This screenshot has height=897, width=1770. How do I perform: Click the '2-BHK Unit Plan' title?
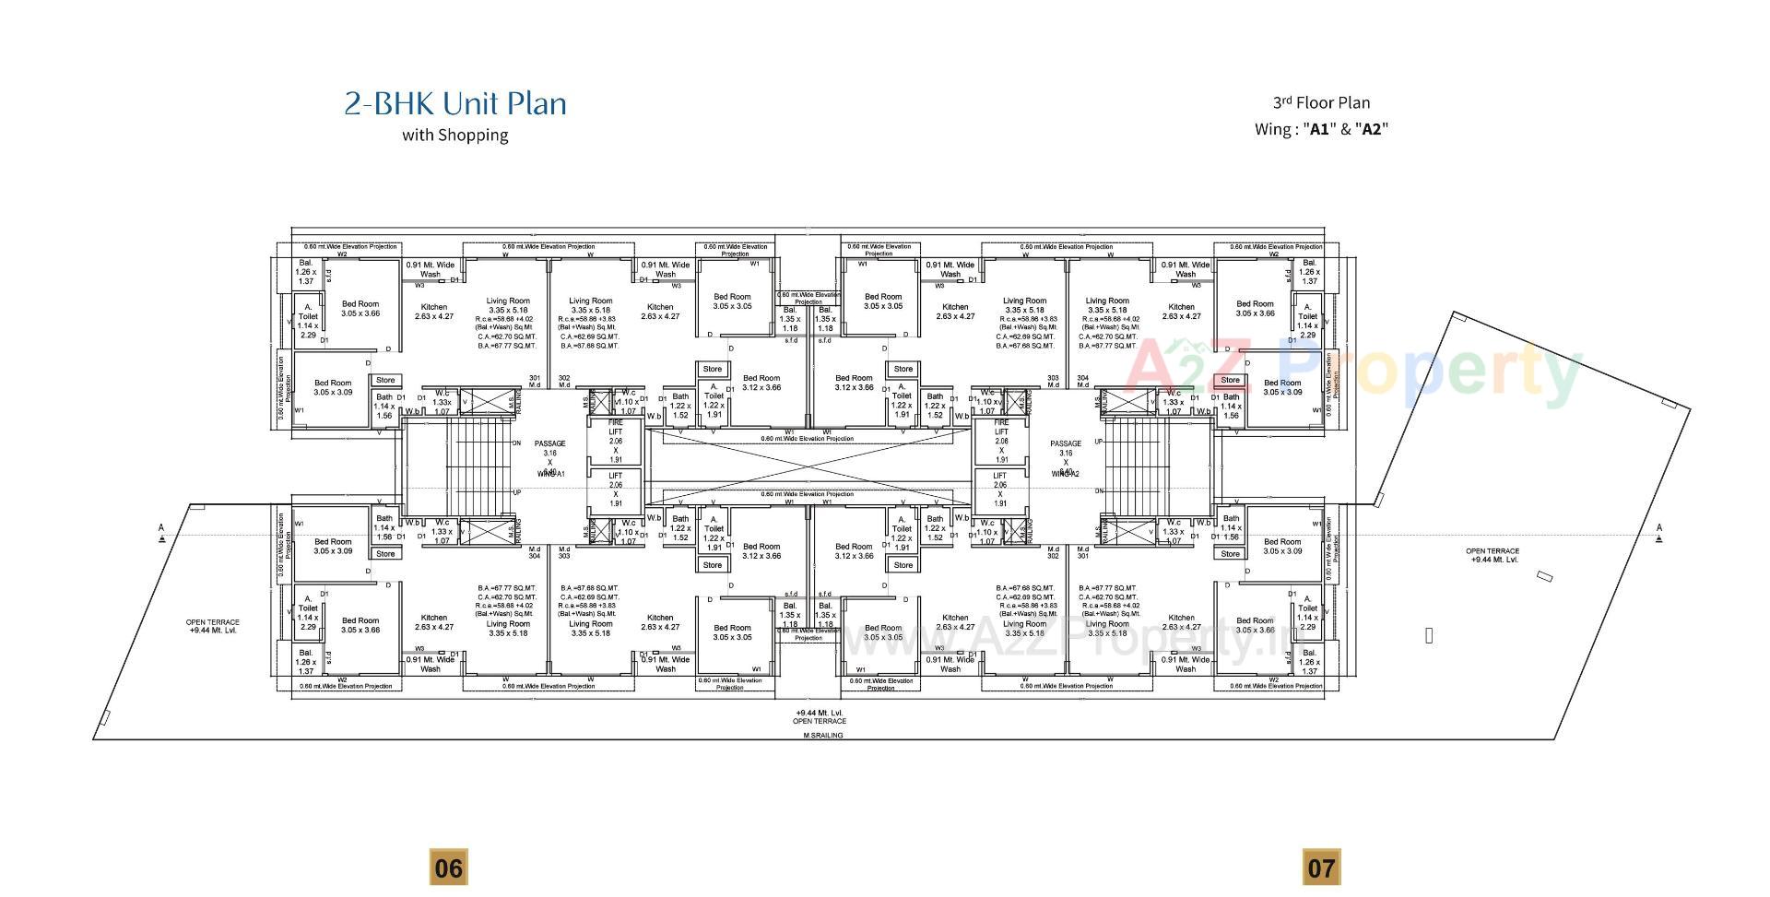[455, 103]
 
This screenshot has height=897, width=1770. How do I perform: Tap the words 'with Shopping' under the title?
[454, 136]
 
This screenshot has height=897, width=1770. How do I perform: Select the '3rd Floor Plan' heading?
[1321, 103]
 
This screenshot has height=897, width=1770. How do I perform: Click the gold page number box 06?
[448, 867]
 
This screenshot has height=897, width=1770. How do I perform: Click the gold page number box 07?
[1320, 867]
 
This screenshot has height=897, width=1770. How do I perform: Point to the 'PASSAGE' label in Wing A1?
[549, 443]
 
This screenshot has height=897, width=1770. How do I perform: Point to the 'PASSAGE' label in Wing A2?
[1065, 443]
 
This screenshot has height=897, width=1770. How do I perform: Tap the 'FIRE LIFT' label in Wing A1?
[615, 427]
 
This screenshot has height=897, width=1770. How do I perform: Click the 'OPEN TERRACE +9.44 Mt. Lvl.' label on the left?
[213, 626]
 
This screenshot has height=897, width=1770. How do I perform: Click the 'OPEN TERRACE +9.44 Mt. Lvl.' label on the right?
[1492, 555]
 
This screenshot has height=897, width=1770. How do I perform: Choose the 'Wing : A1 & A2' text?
[1321, 129]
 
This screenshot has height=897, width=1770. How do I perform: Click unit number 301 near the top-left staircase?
[535, 378]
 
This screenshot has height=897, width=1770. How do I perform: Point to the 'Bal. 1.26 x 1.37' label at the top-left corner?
[305, 272]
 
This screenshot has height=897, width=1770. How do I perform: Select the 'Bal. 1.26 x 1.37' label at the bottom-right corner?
[1309, 662]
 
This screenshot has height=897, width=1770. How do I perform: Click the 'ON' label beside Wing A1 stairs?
[516, 443]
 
